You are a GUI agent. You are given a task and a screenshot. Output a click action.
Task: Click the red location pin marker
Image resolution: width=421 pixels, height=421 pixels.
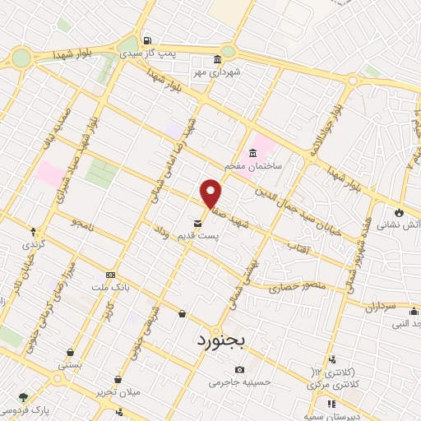tap(211, 192)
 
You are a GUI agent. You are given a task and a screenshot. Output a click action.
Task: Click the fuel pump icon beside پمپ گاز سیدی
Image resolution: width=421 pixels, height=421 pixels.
tap(146, 40)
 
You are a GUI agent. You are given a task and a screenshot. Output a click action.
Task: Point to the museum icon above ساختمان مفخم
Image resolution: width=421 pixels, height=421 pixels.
tap(252, 153)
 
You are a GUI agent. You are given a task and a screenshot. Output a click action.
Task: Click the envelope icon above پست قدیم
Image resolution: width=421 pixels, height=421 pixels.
tap(197, 223)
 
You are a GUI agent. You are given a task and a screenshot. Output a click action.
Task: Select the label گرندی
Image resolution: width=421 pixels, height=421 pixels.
tap(34, 244)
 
